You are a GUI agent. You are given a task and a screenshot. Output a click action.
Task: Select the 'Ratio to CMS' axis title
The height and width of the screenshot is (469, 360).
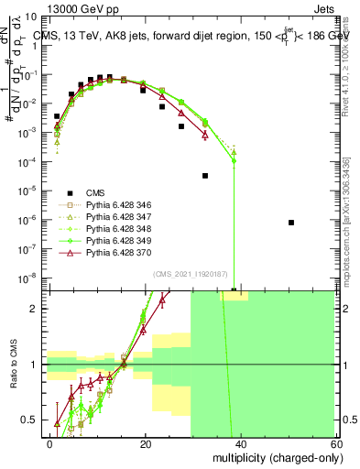click(x=13, y=365)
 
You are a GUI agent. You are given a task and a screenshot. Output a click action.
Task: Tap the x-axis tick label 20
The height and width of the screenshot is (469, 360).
click(x=146, y=444)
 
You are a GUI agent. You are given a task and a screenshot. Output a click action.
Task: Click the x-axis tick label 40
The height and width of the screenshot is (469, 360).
click(x=240, y=444)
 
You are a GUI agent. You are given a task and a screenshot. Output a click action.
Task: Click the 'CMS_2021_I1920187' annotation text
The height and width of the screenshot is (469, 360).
click(x=191, y=273)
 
